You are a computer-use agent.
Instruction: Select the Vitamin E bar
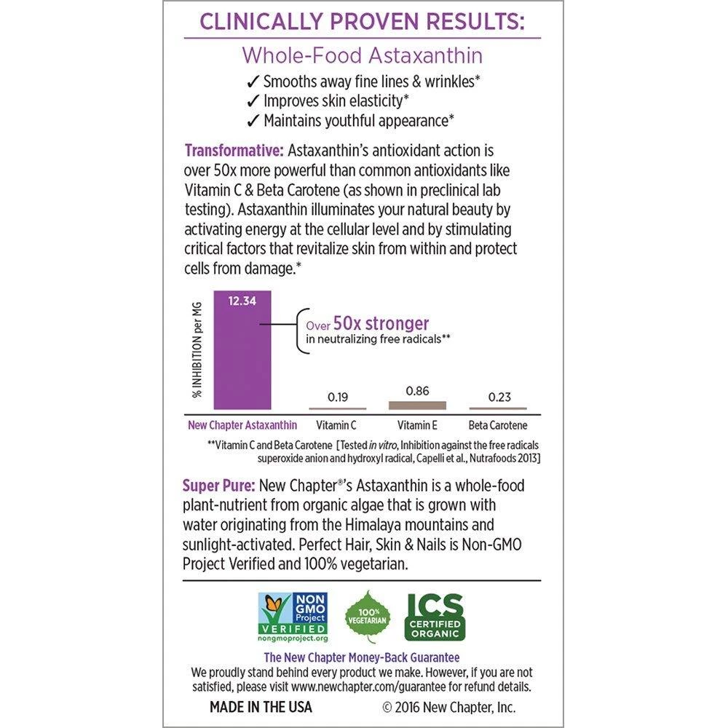pos(417,405)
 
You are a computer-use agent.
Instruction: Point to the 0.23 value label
pos(499,397)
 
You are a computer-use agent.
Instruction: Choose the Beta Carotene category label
pos(499,424)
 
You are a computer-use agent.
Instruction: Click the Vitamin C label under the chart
pos(336,424)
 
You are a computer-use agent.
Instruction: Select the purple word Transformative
pos(234,151)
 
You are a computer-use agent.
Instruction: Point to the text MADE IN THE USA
pos(261,706)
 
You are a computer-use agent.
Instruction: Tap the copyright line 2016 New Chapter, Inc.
pos(449,706)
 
